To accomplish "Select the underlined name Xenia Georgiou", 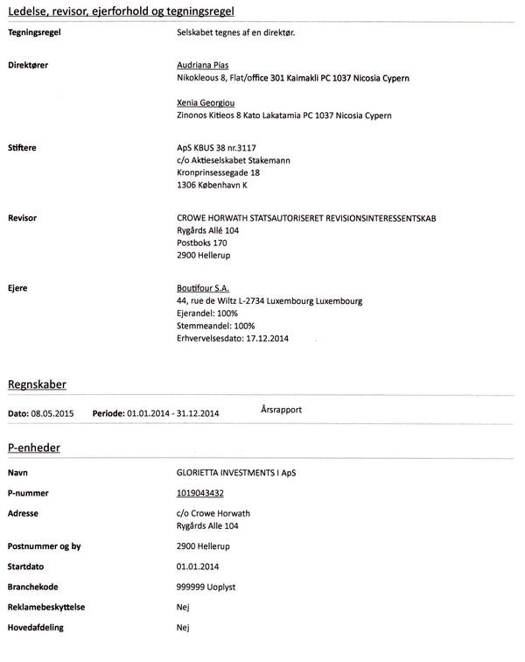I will point(206,102).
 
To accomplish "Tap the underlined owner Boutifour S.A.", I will point(203,287).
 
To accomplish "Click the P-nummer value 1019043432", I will point(205,492).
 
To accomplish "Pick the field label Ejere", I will point(18,287).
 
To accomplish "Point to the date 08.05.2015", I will point(54,412).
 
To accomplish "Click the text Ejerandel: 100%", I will point(208,313).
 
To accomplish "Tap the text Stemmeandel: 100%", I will point(215,326).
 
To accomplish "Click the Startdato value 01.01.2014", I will point(197,566).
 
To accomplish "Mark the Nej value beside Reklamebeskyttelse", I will point(183,607).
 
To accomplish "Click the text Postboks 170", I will point(202,243).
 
